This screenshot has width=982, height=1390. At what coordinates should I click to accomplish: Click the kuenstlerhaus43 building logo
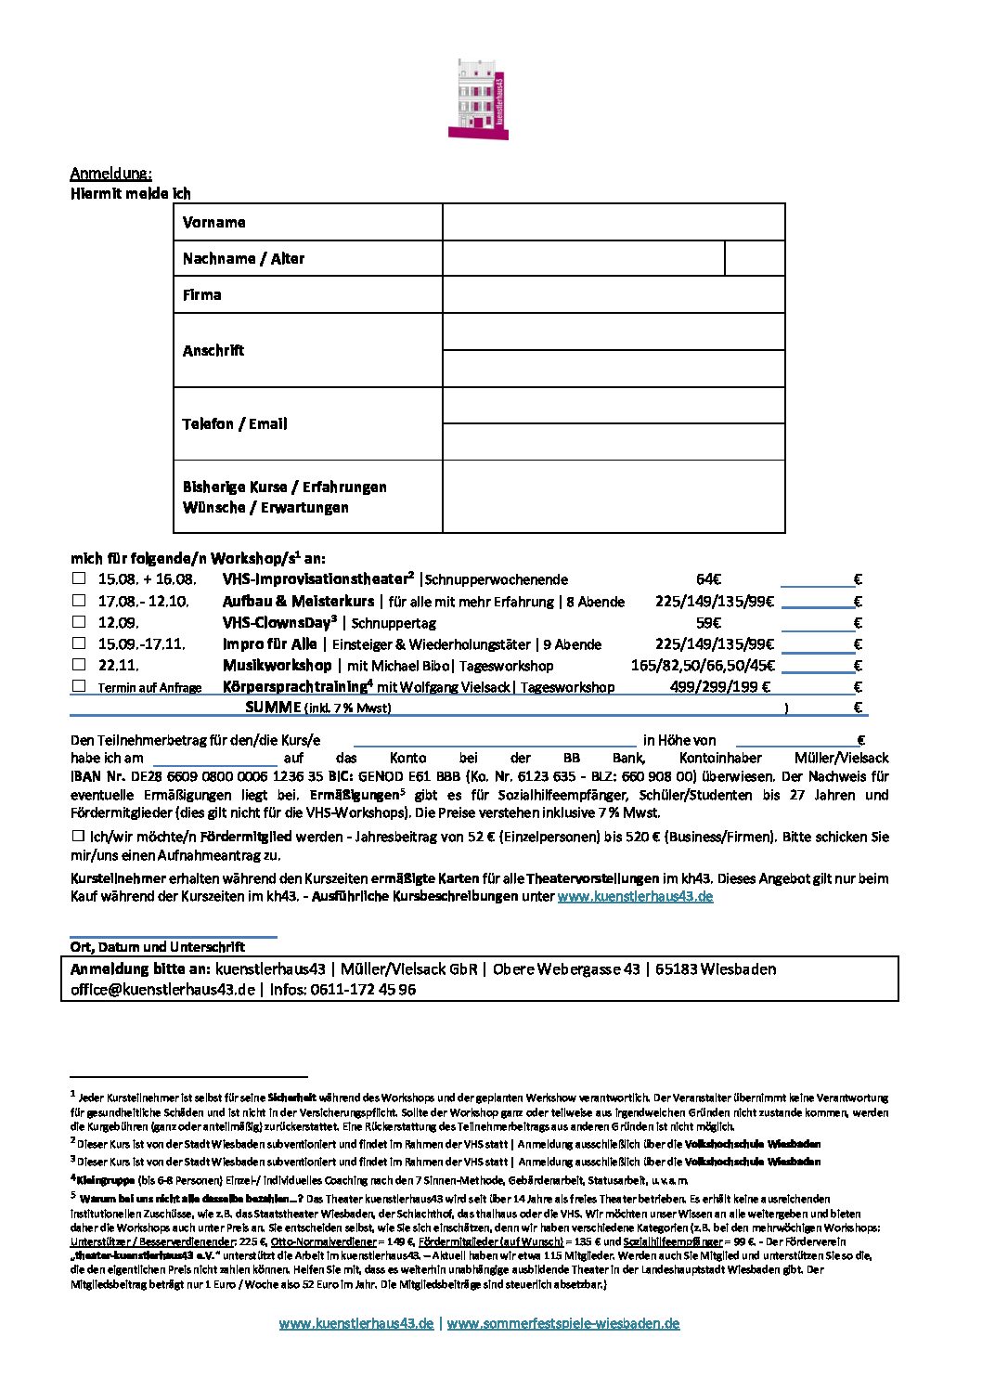click(x=478, y=99)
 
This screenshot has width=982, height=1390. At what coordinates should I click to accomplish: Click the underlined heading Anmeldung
click(x=110, y=174)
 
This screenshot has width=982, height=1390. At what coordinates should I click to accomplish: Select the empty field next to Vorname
click(x=614, y=223)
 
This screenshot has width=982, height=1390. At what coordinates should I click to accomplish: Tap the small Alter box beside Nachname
click(x=754, y=258)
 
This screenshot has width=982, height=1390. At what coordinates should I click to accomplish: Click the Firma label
click(x=202, y=295)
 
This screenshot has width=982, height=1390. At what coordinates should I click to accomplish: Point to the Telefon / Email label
click(x=235, y=424)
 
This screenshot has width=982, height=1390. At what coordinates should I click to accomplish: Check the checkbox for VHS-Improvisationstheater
click(x=79, y=578)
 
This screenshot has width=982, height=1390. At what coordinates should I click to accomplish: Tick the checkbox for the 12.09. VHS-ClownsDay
click(x=79, y=621)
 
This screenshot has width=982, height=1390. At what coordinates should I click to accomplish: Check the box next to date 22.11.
click(x=79, y=664)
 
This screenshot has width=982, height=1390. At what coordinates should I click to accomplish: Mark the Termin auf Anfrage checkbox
click(x=79, y=686)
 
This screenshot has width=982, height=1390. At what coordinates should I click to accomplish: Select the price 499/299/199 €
click(x=719, y=687)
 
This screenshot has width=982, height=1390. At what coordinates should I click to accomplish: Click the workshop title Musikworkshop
click(x=277, y=666)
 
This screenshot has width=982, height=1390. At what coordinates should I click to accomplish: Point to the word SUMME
click(x=273, y=708)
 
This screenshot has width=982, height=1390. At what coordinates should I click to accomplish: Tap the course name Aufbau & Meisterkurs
click(x=298, y=602)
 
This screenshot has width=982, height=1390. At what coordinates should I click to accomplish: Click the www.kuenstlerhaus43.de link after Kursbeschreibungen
click(x=635, y=897)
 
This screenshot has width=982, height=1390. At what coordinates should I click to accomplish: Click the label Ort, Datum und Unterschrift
click(x=158, y=947)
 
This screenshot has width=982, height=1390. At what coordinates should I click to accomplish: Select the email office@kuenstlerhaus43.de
click(x=162, y=990)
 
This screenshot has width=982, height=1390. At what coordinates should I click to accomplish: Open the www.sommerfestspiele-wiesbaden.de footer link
click(x=562, y=1324)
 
